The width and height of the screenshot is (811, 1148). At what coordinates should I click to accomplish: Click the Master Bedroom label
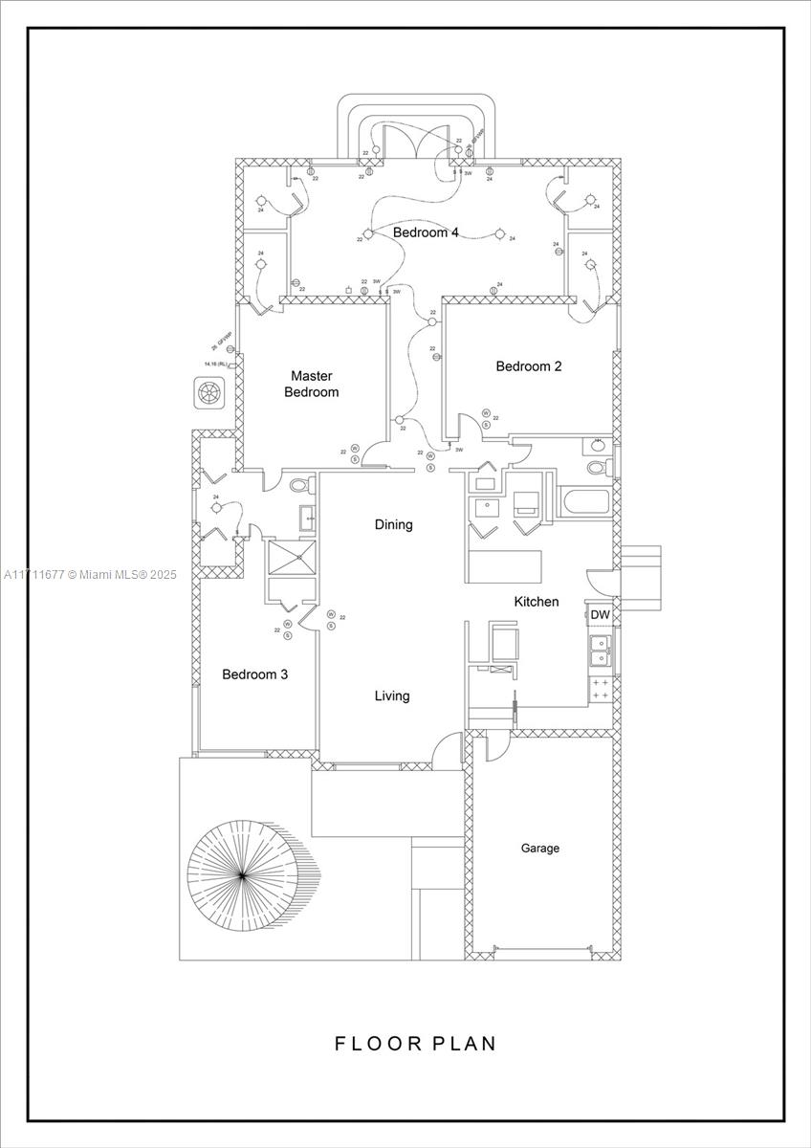point(311,384)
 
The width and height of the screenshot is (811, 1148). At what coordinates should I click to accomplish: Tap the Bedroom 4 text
point(426,232)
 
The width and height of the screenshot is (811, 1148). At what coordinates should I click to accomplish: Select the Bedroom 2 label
point(528,365)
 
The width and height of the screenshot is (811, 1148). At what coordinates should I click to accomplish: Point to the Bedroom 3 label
point(254,674)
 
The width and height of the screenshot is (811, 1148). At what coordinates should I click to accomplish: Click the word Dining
point(393,524)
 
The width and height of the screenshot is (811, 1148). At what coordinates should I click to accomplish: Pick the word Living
point(392,695)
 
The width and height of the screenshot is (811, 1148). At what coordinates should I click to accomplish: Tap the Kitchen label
point(537,602)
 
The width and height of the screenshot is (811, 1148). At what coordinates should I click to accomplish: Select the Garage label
point(539,848)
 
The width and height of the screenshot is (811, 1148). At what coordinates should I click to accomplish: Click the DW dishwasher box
point(600,614)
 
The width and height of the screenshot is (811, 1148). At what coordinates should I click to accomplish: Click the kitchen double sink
point(600,650)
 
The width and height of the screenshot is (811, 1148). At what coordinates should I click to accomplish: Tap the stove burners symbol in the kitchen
point(601,689)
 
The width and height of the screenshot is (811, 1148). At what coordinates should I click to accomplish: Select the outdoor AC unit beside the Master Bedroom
point(208,392)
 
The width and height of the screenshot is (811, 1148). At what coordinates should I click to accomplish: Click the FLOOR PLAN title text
point(415,1043)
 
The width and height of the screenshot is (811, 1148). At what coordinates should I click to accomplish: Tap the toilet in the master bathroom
point(297,485)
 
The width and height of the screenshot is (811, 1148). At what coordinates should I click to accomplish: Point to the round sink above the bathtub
point(598,444)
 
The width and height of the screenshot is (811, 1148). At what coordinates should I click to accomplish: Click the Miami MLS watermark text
point(90,574)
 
